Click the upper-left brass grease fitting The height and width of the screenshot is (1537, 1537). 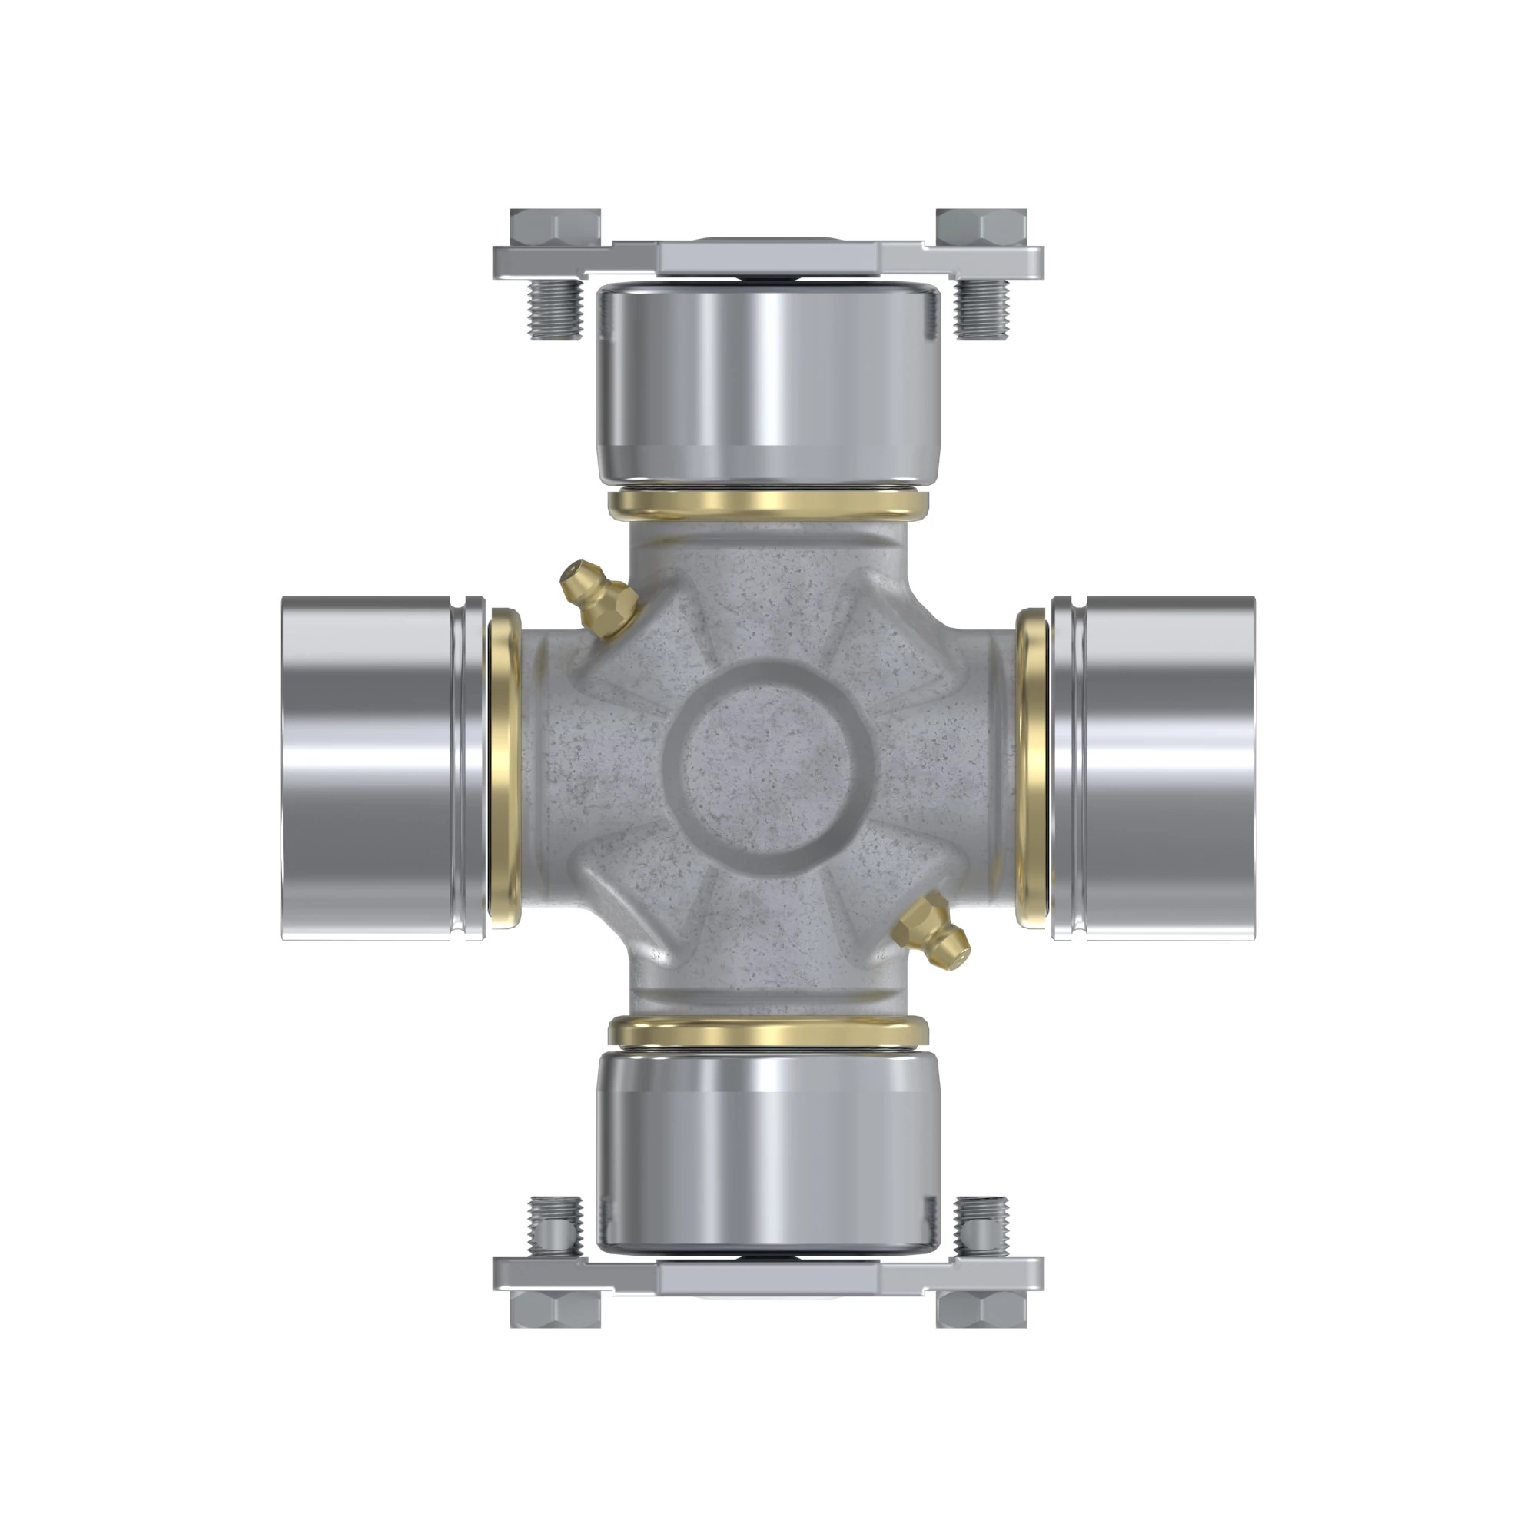coord(596,601)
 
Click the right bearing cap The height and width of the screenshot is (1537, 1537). coord(1154,768)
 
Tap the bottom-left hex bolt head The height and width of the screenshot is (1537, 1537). coord(555,1309)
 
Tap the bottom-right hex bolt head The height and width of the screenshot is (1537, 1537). coord(981,1309)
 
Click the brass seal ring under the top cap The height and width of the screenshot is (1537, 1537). coord(768,503)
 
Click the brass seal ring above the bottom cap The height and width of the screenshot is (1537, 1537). coord(768,1032)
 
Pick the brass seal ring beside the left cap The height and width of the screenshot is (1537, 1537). coord(503,768)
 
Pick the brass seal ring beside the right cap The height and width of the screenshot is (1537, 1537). coord(1033,768)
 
